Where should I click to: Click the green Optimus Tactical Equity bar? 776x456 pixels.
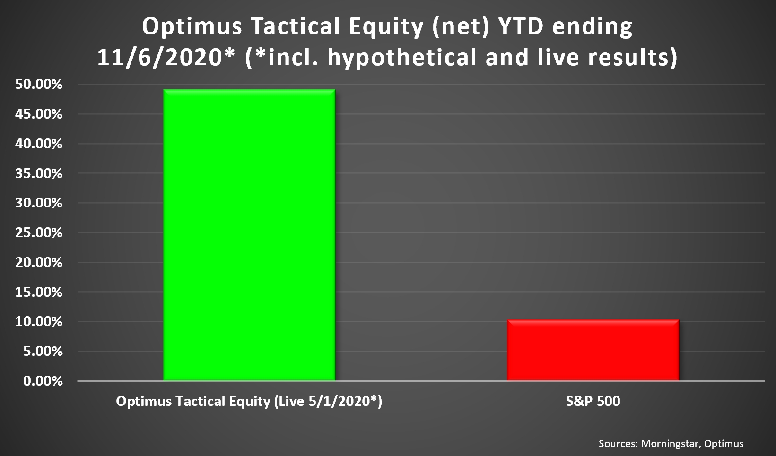tap(249, 235)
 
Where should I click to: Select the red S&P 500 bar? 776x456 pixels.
tap(593, 350)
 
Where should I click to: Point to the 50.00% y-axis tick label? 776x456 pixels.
tap(38, 84)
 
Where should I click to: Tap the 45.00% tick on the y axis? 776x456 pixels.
tap(38, 114)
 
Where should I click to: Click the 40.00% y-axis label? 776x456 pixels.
tap(38, 144)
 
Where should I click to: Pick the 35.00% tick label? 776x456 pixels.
tap(38, 173)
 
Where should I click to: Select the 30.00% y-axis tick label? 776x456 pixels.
tap(38, 203)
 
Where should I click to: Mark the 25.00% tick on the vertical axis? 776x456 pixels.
tap(38, 232)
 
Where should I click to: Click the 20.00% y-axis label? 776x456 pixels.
tap(38, 262)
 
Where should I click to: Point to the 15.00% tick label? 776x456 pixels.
tap(38, 292)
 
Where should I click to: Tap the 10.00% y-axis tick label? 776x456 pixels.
tap(38, 322)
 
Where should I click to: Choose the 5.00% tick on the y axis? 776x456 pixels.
tap(43, 352)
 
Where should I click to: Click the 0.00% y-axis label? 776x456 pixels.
tap(43, 381)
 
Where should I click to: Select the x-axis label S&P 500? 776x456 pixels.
tap(593, 401)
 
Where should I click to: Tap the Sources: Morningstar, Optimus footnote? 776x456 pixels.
tap(671, 444)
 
